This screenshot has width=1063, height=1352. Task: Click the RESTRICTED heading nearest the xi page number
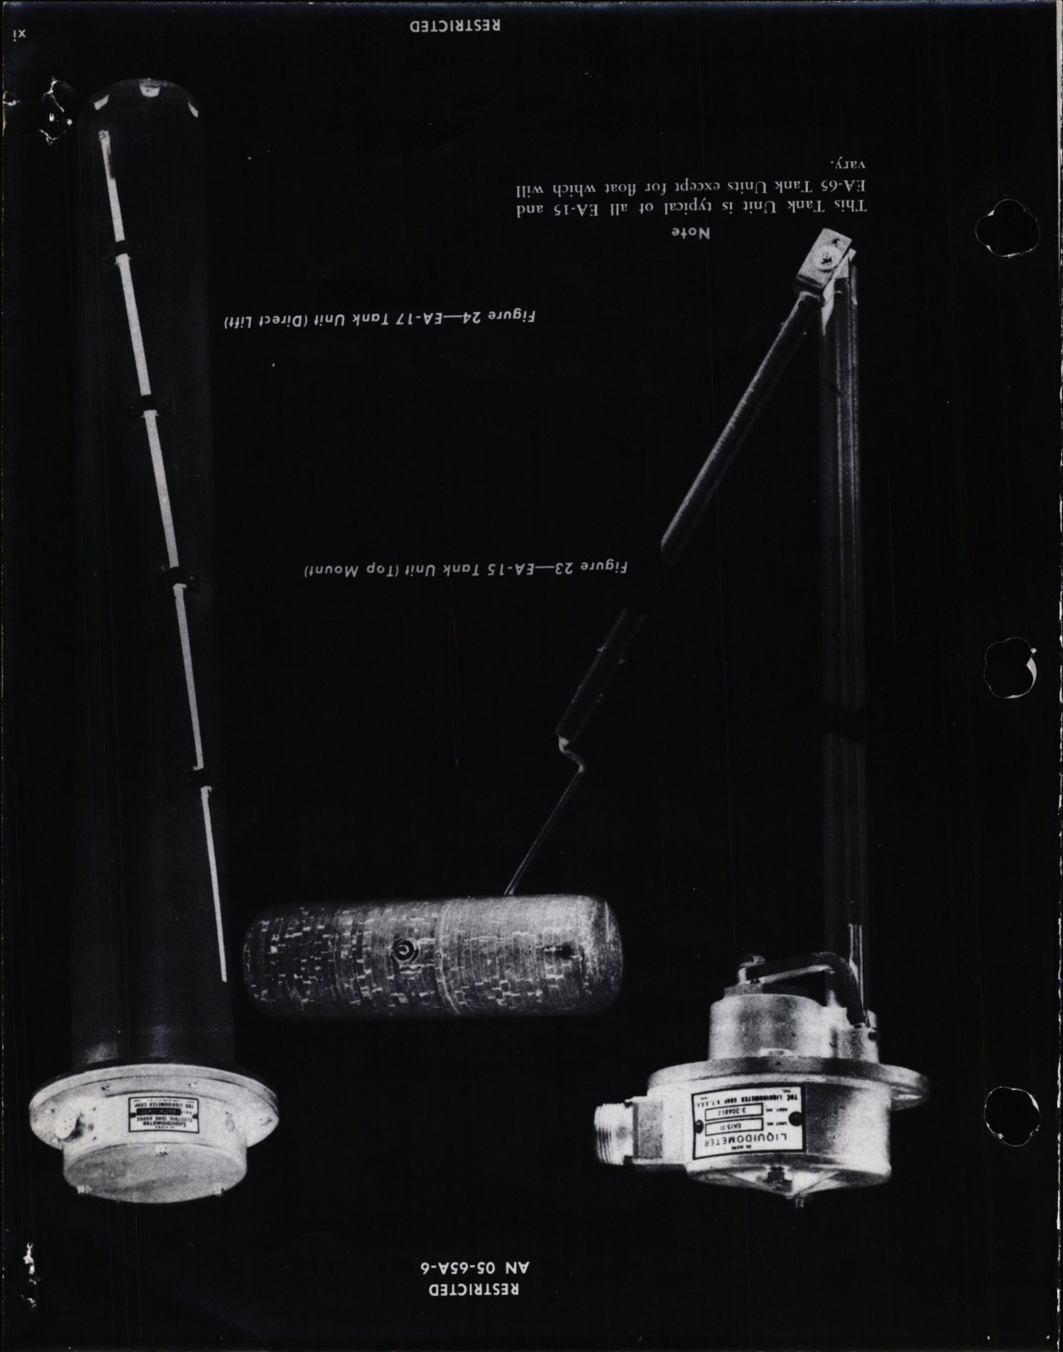click(454, 24)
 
